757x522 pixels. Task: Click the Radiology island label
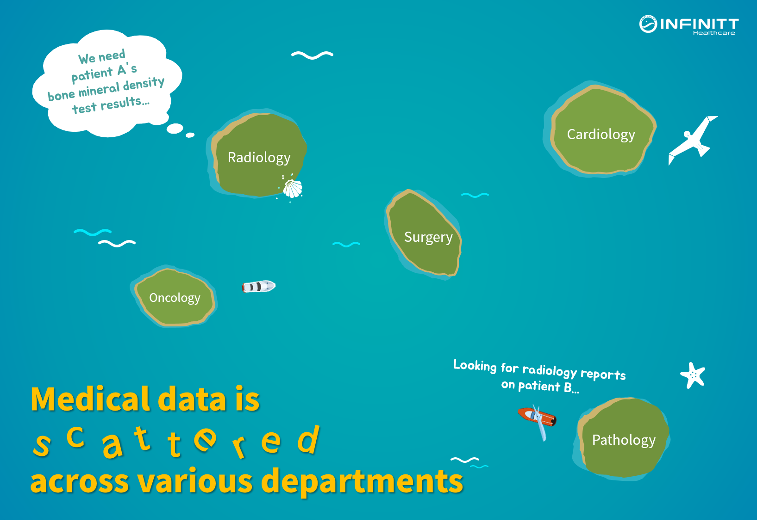click(259, 158)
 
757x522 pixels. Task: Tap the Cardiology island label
click(601, 135)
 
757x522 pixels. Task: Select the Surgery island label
click(428, 238)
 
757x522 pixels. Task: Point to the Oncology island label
click(175, 298)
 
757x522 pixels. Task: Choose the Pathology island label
click(624, 440)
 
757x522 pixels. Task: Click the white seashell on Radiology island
click(292, 189)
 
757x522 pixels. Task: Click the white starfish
click(693, 375)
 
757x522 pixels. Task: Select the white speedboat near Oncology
click(259, 287)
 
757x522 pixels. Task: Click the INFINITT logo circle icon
click(648, 25)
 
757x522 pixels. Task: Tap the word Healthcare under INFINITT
click(714, 33)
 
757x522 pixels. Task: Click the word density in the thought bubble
click(144, 84)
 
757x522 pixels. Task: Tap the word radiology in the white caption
click(550, 371)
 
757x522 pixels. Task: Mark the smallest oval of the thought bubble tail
click(190, 135)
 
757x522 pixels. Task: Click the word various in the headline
click(195, 481)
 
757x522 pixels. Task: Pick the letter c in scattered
click(75, 437)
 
